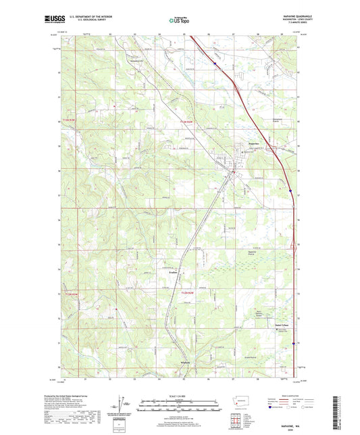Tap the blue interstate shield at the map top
point(215,64)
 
